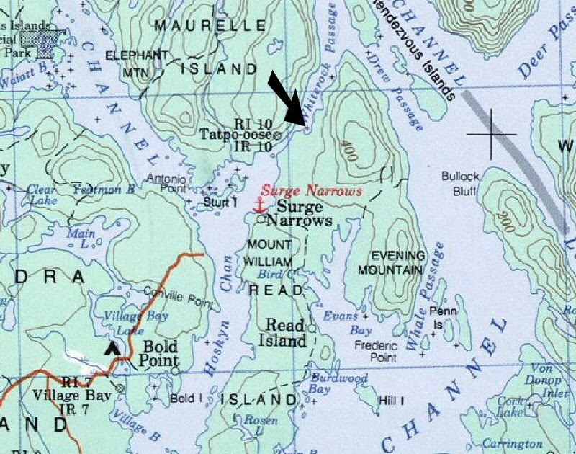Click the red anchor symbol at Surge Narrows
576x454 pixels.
[258, 205]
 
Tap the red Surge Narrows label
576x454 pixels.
[311, 192]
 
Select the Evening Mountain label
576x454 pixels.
[395, 262]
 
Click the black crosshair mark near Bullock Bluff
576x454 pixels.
[492, 134]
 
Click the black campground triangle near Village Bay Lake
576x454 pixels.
[112, 349]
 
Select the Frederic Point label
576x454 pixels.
[376, 351]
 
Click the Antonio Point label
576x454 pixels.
[166, 184]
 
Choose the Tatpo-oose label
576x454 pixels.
[236, 135]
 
